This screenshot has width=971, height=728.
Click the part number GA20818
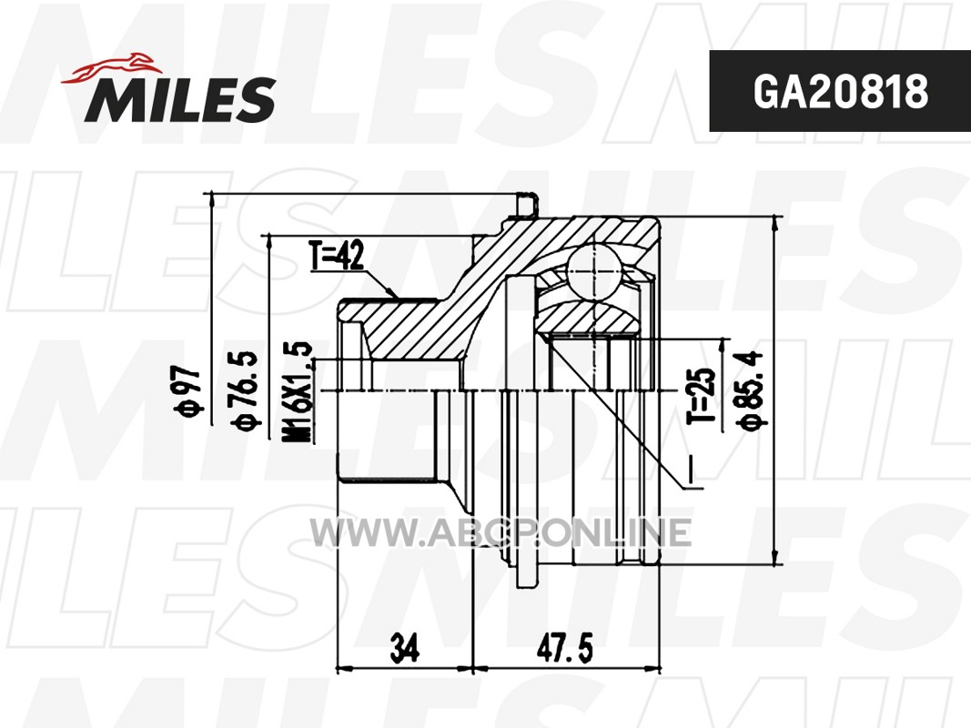[x=840, y=92]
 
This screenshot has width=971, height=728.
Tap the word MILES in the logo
[x=180, y=99]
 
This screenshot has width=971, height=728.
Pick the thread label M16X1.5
[x=298, y=391]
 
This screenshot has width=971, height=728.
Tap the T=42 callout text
[x=337, y=256]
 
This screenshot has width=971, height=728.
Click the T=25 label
[x=701, y=396]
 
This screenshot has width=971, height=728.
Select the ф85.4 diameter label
[x=750, y=389]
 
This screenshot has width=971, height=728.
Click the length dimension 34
[x=405, y=647]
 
